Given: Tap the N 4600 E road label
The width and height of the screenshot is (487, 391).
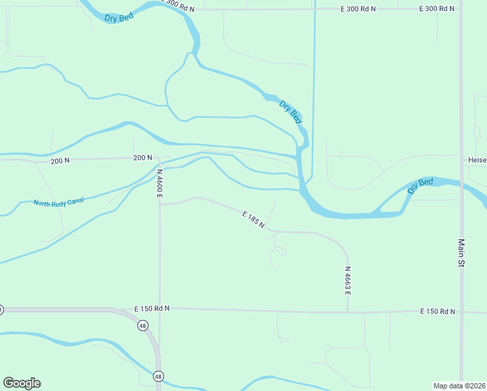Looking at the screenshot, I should (x=160, y=183).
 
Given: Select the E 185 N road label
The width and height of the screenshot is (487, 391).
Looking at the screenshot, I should (x=253, y=220).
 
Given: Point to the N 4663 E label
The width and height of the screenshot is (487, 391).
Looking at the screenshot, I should (x=348, y=280).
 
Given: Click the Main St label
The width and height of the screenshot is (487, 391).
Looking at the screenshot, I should (x=459, y=253).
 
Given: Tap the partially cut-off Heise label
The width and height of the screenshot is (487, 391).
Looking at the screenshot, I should (x=477, y=160).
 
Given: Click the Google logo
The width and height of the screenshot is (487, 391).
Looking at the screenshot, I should (x=21, y=383).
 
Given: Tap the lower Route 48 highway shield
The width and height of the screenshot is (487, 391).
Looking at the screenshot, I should (x=158, y=376).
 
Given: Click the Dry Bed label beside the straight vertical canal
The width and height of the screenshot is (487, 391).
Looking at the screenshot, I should (x=290, y=112).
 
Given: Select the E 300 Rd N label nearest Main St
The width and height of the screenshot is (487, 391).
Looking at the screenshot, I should (x=437, y=8).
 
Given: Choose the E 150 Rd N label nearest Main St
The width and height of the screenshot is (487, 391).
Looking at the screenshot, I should (x=439, y=311).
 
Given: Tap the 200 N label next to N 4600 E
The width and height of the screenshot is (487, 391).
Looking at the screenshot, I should (x=142, y=158).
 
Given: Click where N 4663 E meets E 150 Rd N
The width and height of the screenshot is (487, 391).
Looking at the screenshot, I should (x=348, y=311).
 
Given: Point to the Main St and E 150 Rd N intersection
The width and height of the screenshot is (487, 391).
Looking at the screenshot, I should (x=461, y=312).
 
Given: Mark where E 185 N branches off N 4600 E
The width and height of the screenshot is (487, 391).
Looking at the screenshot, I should (x=160, y=204).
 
